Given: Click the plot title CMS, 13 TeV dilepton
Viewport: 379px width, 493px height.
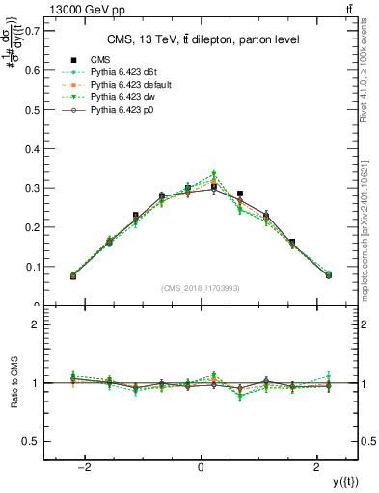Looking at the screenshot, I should click(x=201, y=39).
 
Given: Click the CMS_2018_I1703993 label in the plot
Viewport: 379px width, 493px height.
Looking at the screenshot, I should click(x=201, y=288).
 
